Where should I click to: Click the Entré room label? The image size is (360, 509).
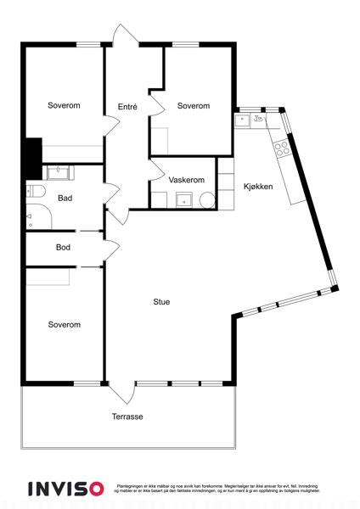[127, 106]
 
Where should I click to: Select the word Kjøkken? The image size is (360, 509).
[258, 187]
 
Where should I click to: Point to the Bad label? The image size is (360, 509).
[65, 199]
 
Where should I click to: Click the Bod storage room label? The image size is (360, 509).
[63, 248]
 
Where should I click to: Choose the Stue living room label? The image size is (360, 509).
[161, 301]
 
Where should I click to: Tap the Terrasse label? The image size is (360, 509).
[127, 417]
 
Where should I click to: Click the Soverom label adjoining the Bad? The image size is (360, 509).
[64, 106]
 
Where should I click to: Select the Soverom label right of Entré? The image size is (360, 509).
[194, 106]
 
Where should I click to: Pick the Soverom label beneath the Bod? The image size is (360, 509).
[64, 325]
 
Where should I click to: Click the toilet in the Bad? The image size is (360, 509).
[35, 192]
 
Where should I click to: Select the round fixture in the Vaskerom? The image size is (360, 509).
[206, 200]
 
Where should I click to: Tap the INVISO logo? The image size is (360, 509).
[65, 489]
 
